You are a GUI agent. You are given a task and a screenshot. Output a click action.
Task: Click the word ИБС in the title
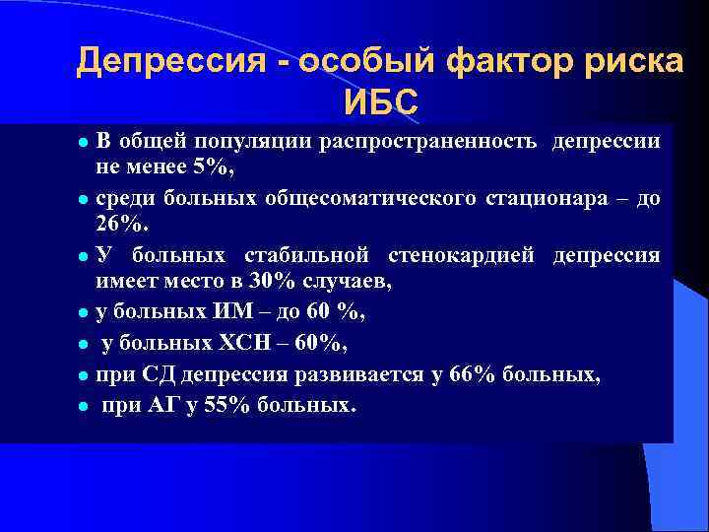381,100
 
